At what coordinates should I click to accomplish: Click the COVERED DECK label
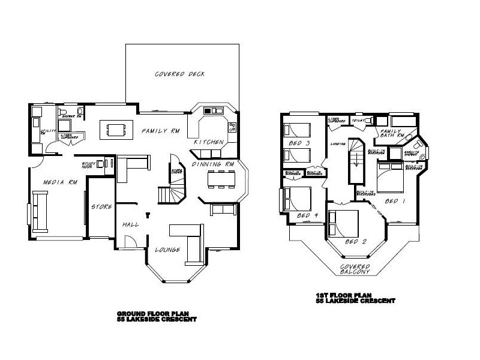tap(180, 74)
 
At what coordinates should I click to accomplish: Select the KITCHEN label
tap(209, 142)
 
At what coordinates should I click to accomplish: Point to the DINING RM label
tap(212, 164)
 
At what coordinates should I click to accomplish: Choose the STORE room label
tap(101, 207)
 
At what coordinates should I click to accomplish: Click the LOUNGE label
tap(168, 250)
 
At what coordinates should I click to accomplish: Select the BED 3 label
tap(299, 143)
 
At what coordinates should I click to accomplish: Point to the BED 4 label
tap(307, 215)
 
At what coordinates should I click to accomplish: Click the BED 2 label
tap(357, 242)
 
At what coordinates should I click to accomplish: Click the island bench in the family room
tap(117, 128)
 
